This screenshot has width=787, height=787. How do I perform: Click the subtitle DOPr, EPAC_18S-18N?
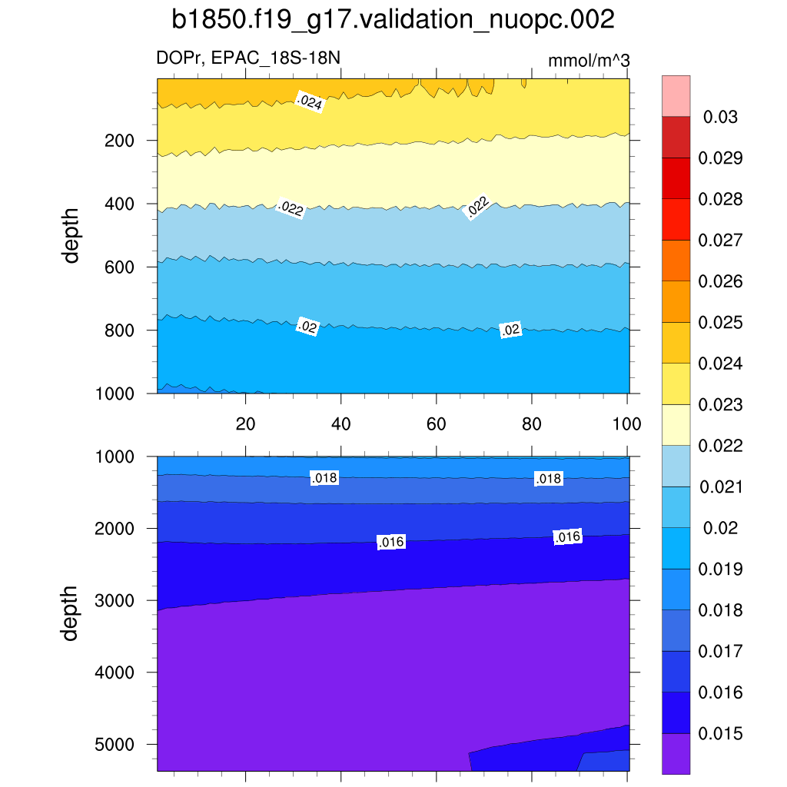click(x=248, y=58)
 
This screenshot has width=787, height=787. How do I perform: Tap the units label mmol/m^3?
click(x=589, y=61)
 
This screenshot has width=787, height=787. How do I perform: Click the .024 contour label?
click(x=309, y=101)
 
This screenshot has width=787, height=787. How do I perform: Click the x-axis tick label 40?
click(x=340, y=423)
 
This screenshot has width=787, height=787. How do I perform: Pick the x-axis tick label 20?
click(x=245, y=423)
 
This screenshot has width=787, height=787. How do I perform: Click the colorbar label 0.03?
click(x=720, y=118)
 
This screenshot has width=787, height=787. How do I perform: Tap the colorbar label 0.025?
click(x=720, y=323)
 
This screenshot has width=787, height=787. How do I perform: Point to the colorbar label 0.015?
click(x=720, y=733)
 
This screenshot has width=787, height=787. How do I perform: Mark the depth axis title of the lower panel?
click(x=71, y=613)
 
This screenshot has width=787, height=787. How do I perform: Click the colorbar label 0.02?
click(x=720, y=528)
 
